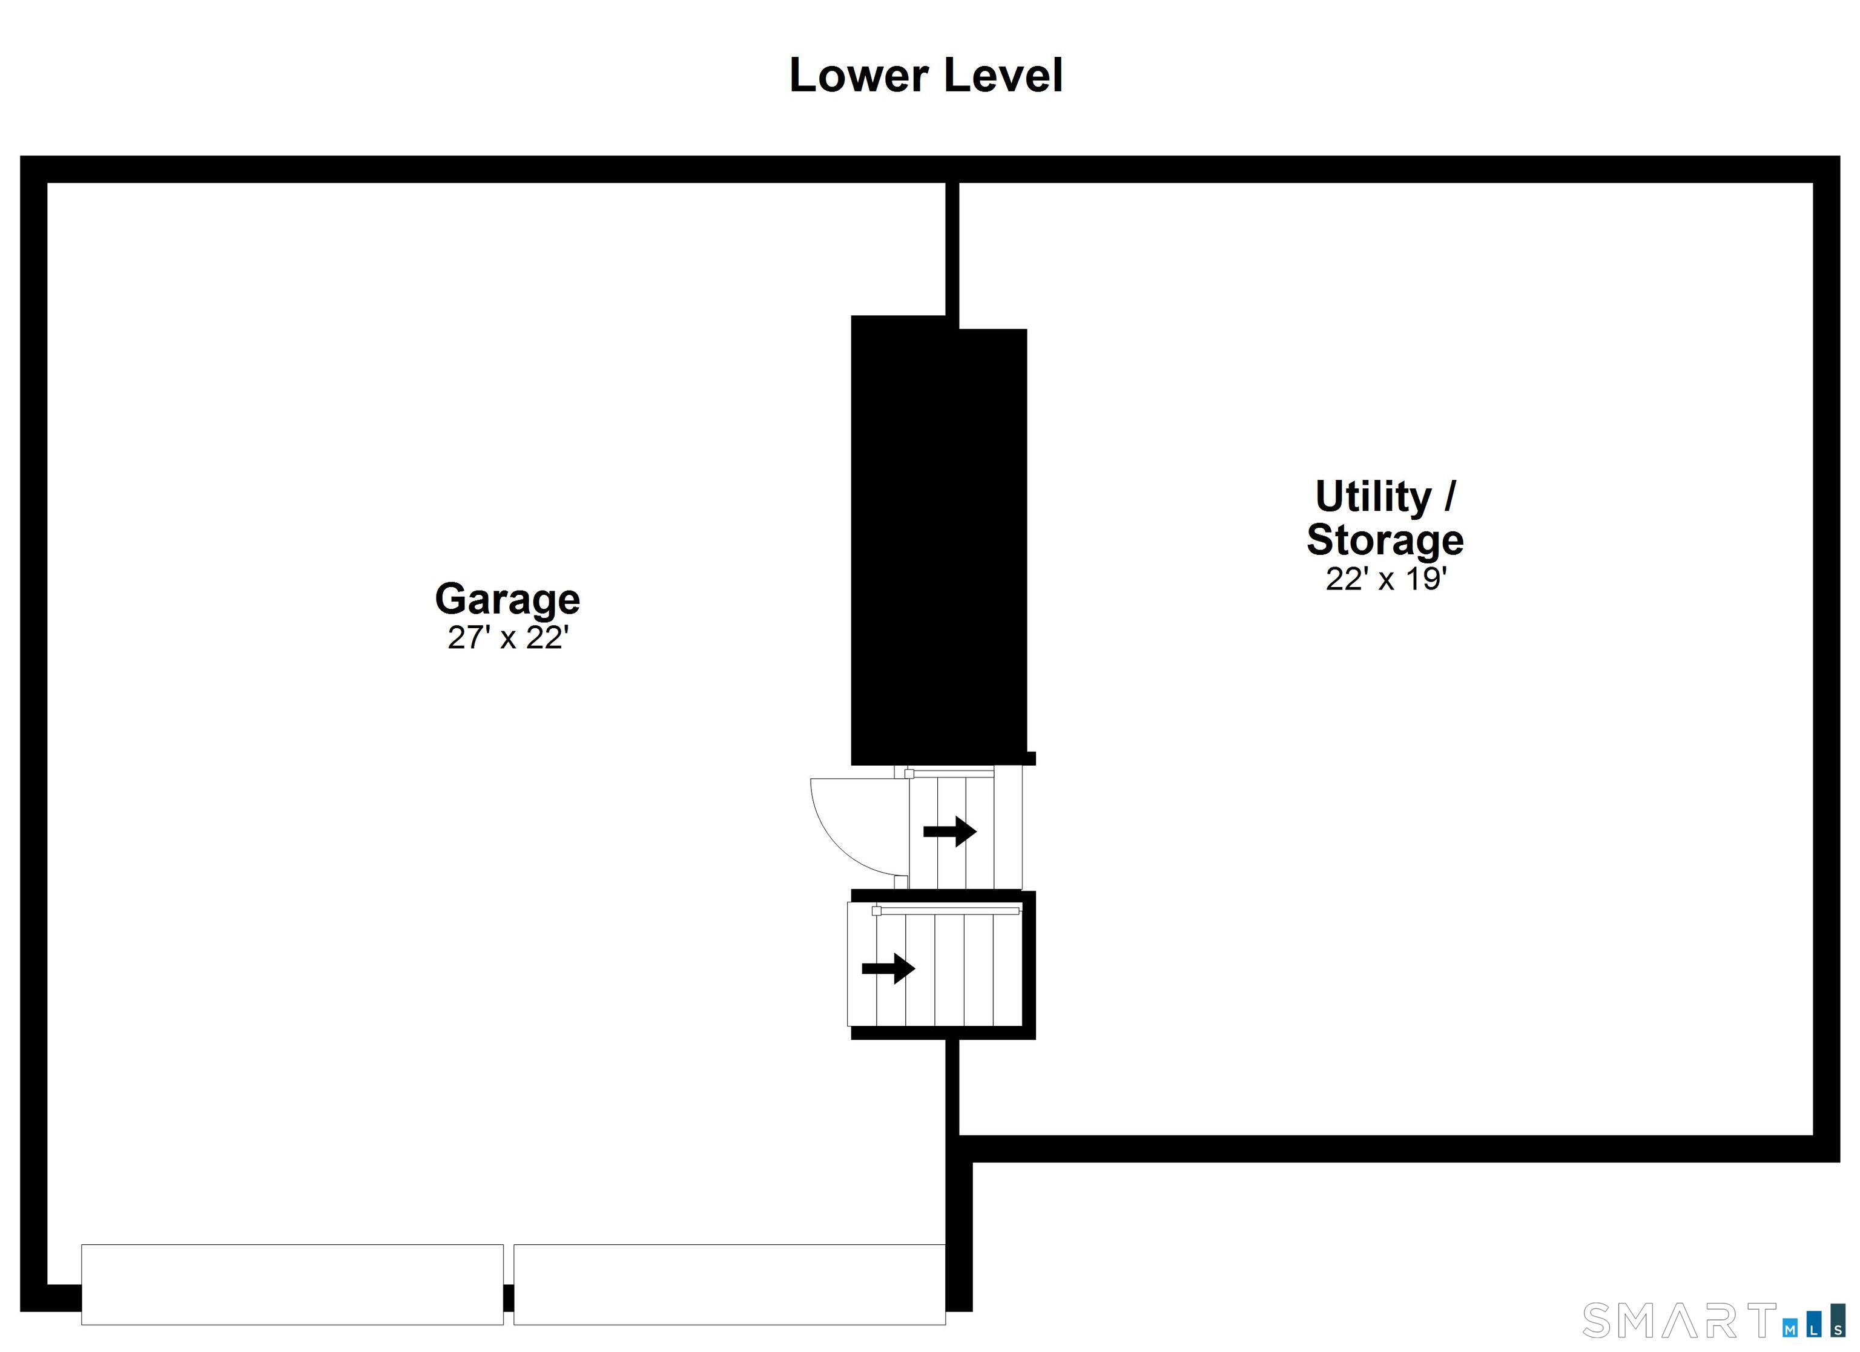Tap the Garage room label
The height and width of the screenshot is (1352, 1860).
click(x=507, y=599)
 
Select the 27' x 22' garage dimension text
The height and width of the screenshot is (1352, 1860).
click(x=507, y=637)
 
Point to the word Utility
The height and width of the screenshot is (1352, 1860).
click(x=1373, y=497)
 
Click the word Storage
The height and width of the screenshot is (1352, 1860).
click(x=1384, y=539)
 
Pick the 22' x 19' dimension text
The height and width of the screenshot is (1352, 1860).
click(x=1385, y=579)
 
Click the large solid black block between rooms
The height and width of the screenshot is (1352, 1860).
click(x=938, y=541)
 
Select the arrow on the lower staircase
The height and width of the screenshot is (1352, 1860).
click(x=888, y=968)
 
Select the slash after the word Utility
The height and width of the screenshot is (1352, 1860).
click(x=1450, y=497)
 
